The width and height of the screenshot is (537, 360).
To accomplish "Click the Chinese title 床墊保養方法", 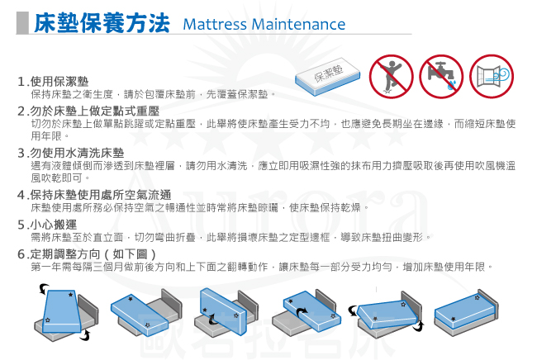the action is [102, 23].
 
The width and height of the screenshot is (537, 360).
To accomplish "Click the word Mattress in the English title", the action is [215, 24].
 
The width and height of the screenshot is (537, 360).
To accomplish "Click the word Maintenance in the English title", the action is [298, 24].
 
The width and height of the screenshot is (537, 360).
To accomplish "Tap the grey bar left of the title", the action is [22, 23].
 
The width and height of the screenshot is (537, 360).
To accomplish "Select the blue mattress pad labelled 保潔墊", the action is [328, 76].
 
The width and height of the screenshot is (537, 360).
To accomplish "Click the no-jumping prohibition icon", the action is [391, 76].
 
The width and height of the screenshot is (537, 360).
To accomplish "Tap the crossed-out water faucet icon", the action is [441, 76].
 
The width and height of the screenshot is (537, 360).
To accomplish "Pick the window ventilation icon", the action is [492, 76].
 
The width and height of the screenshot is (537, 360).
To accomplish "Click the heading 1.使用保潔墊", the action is [53, 82].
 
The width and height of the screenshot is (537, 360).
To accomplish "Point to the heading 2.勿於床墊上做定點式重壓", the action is [88, 111].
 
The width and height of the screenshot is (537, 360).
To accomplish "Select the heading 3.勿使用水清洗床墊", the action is [70, 153].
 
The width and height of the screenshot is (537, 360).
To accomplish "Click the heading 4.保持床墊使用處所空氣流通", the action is [94, 195].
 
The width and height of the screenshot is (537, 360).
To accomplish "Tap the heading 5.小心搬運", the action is [47, 225].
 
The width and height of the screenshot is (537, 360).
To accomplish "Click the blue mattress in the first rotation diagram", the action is [62, 311].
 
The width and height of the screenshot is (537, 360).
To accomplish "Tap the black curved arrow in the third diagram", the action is [213, 320].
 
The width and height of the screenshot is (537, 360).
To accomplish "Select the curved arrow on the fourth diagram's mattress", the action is [302, 313].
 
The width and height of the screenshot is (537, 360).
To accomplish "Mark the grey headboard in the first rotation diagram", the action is [88, 309].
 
